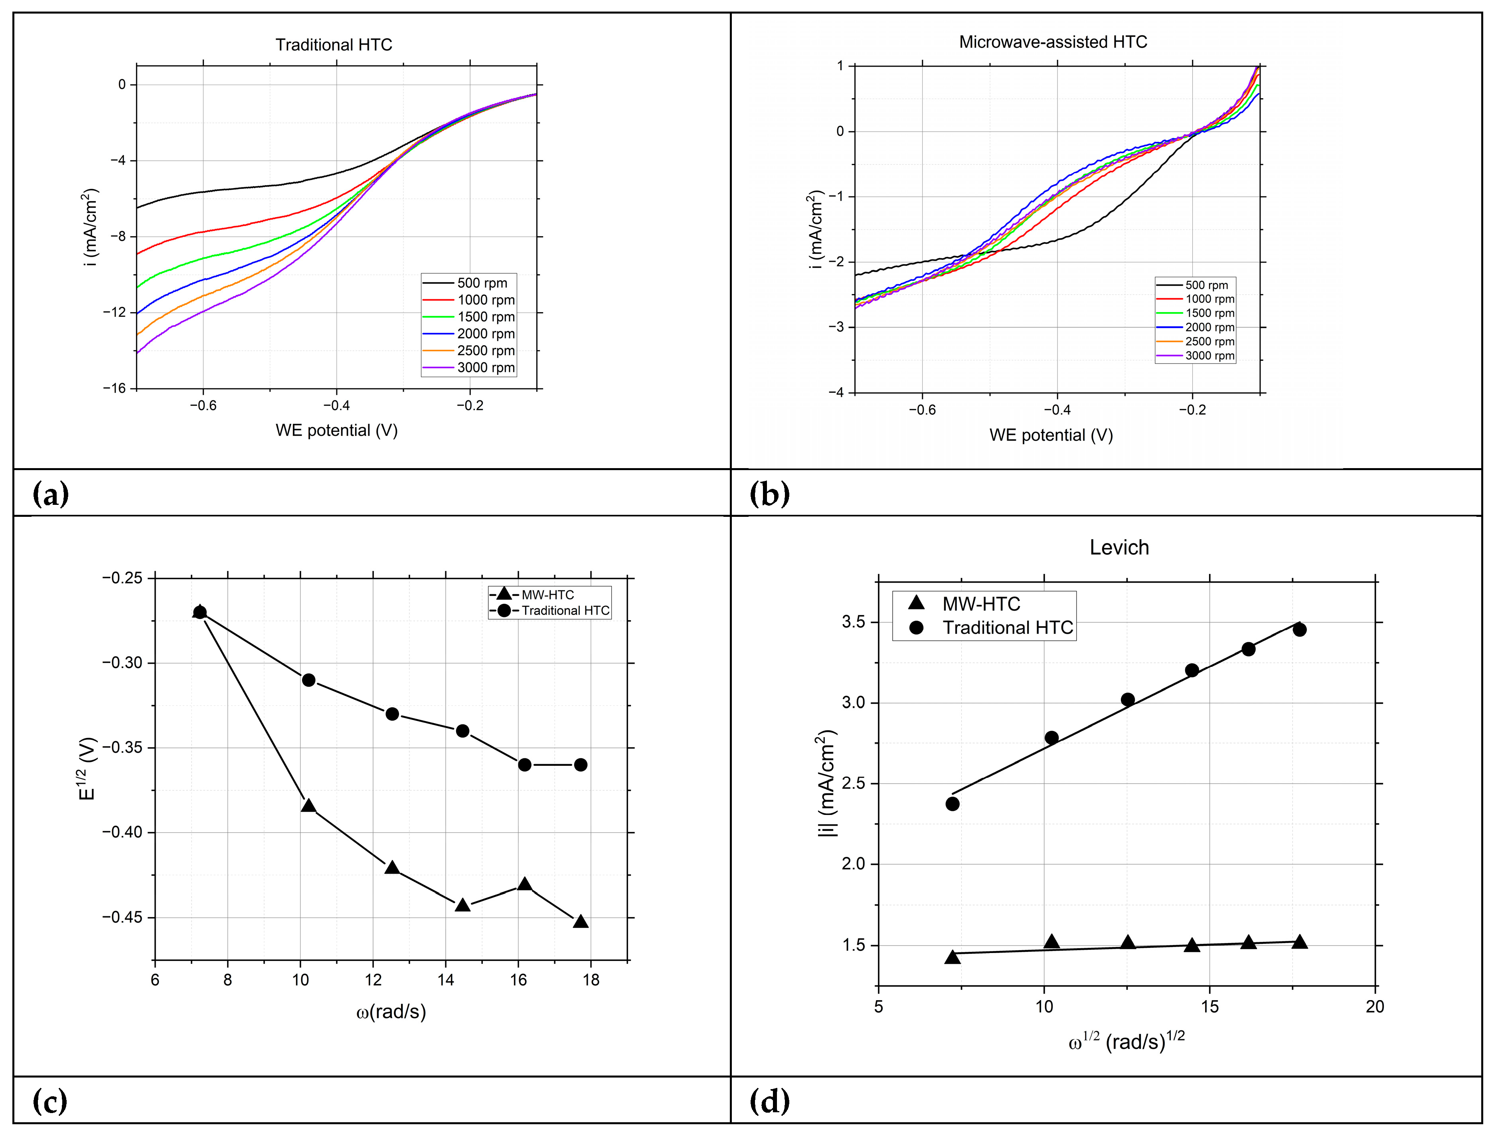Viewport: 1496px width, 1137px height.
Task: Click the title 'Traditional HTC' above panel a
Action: [334, 45]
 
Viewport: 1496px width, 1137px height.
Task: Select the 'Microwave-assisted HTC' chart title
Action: [1053, 42]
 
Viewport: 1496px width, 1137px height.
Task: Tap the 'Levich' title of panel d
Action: [1119, 548]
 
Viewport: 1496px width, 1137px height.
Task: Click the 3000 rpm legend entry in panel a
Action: [485, 368]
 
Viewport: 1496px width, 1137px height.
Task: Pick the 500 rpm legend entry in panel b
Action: [1206, 285]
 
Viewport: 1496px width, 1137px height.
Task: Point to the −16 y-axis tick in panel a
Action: [115, 388]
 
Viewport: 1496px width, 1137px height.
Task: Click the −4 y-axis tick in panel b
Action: [836, 393]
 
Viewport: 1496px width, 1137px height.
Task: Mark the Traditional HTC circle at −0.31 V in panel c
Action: [308, 680]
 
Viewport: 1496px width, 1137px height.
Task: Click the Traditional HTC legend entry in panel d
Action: [1008, 627]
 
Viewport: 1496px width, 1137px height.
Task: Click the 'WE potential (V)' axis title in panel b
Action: [1051, 435]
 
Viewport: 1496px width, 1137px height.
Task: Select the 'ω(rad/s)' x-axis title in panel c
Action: [391, 1012]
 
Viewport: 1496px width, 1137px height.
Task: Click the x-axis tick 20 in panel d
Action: [1375, 1006]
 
